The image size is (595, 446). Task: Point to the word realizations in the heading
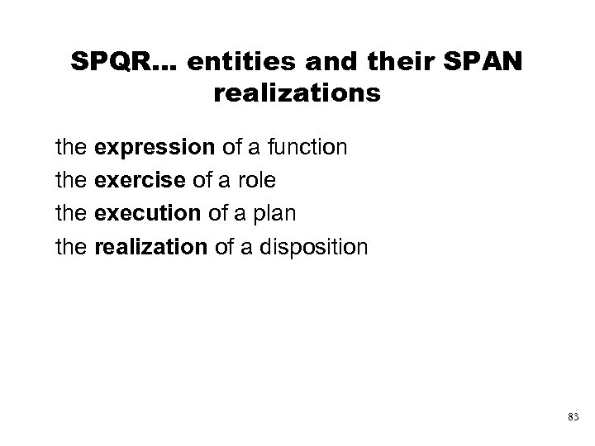(x=297, y=93)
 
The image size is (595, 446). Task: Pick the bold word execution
(x=147, y=212)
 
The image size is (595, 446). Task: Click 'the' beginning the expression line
(x=72, y=149)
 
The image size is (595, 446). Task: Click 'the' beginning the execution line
(x=72, y=212)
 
